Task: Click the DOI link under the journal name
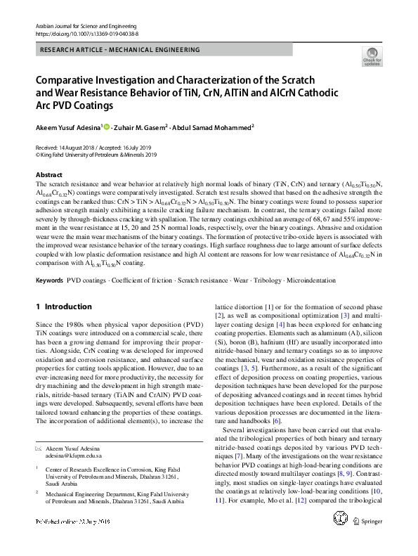coord(81,33)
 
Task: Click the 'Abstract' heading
coord(48,174)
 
